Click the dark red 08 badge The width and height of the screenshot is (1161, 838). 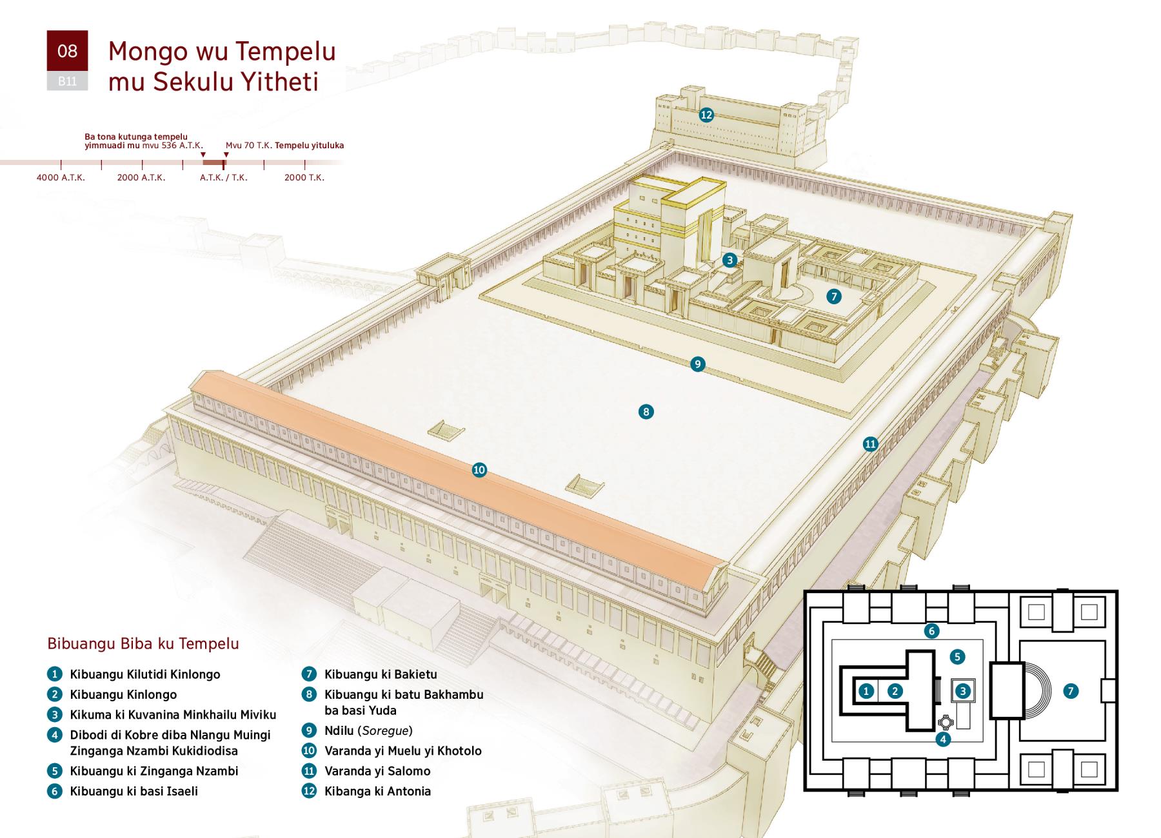[67, 51]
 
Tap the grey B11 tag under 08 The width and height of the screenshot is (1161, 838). [67, 81]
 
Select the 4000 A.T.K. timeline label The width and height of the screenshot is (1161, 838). [61, 177]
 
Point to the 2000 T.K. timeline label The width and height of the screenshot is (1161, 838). [304, 177]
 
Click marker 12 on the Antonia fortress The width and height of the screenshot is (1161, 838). [706, 115]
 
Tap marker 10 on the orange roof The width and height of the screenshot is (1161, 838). [479, 470]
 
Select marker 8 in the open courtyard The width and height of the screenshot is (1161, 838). [646, 412]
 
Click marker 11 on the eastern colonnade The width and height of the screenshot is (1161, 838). [871, 443]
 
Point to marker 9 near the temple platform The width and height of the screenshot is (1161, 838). [697, 364]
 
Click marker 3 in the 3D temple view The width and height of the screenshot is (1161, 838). [729, 260]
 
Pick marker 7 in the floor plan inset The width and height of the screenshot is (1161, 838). [1071, 691]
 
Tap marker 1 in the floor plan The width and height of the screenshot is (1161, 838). [866, 691]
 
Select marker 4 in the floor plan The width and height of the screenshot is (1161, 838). [943, 739]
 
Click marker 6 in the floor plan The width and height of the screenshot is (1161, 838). [931, 631]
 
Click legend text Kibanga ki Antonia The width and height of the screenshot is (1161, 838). [377, 791]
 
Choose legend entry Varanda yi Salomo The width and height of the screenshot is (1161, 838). [377, 771]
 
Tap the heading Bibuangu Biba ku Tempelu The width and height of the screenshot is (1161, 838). [143, 643]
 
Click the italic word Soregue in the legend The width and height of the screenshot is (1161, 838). [385, 730]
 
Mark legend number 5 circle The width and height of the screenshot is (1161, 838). [55, 771]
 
